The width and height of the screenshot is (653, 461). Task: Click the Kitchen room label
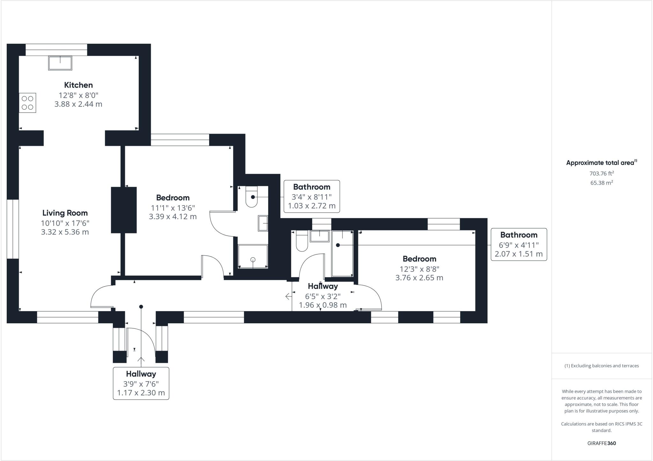pyautogui.click(x=78, y=85)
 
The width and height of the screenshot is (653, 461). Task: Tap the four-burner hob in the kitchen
pyautogui.click(x=27, y=103)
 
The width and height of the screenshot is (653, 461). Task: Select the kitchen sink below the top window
pyautogui.click(x=60, y=63)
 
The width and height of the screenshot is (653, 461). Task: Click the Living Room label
pyautogui.click(x=65, y=213)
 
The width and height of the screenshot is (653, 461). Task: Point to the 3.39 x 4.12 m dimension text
pyautogui.click(x=173, y=217)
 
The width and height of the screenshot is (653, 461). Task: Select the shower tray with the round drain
pyautogui.click(x=253, y=256)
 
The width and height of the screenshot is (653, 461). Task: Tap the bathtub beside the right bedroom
pyautogui.click(x=342, y=253)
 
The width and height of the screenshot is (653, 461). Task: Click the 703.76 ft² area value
pyautogui.click(x=602, y=173)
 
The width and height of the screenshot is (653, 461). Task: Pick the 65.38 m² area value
pyautogui.click(x=602, y=183)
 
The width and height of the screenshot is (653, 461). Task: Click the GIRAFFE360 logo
pyautogui.click(x=602, y=443)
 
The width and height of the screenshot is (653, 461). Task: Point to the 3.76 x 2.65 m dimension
pyautogui.click(x=419, y=278)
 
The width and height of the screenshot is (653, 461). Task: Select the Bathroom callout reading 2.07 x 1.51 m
pyautogui.click(x=519, y=245)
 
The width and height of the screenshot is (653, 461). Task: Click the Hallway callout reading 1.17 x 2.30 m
pyautogui.click(x=141, y=383)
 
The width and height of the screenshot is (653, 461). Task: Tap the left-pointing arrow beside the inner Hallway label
pyautogui.click(x=289, y=296)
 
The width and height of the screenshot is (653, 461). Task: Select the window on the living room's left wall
pyautogui.click(x=13, y=229)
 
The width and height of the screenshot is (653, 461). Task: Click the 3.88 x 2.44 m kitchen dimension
pyautogui.click(x=78, y=104)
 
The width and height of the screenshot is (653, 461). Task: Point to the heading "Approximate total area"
pyautogui.click(x=600, y=163)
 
